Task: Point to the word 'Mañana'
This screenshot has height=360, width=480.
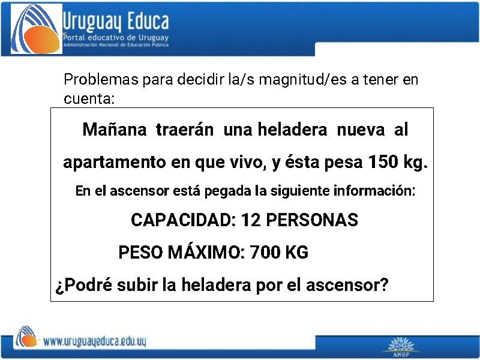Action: [x=114, y=130]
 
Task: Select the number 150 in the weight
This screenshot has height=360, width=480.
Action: [x=382, y=162]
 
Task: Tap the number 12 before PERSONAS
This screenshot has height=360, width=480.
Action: [x=250, y=220]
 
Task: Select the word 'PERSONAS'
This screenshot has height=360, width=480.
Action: [x=311, y=220]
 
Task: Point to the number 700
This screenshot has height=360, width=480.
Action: [x=265, y=253]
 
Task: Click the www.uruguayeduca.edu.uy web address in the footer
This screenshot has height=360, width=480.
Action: [x=94, y=342]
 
